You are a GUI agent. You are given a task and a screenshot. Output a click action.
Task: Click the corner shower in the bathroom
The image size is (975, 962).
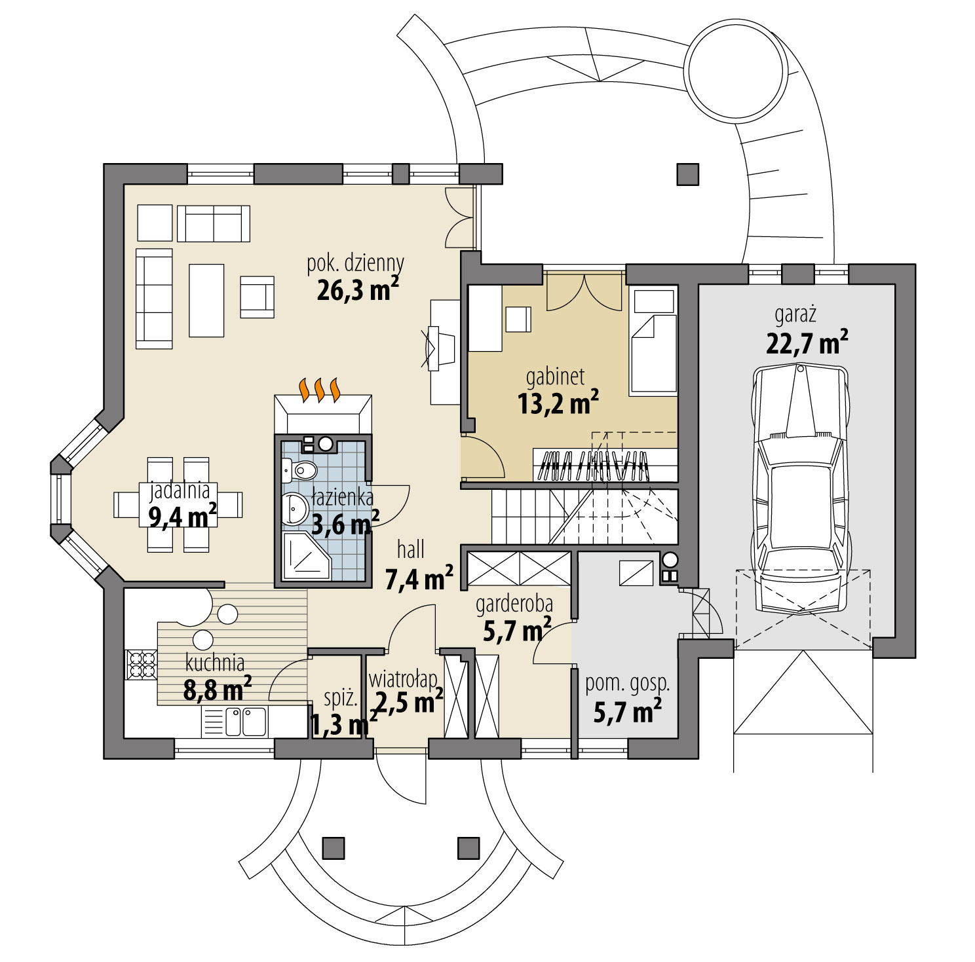(x=306, y=555)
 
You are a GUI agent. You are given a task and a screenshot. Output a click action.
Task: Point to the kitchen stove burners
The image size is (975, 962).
(x=141, y=665)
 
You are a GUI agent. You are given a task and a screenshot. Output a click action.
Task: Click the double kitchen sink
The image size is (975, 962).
(x=245, y=721)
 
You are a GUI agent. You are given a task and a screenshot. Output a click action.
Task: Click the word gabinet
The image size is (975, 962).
(x=555, y=377)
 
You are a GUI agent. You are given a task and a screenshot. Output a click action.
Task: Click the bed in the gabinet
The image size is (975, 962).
(x=653, y=354)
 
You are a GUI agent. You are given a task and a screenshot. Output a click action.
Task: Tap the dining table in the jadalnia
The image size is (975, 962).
(x=178, y=505)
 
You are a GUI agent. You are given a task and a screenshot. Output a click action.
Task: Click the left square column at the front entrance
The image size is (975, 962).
(x=334, y=847)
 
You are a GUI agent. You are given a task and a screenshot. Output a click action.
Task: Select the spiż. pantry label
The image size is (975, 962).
(x=341, y=699)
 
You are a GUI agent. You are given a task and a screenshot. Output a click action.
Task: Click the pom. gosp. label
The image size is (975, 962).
(x=627, y=683)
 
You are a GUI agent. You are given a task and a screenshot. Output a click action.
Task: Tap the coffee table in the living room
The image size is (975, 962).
(x=206, y=300)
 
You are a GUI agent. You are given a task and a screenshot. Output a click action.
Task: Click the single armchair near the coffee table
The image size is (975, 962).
(x=256, y=297)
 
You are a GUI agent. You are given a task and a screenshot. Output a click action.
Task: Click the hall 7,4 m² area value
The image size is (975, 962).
(x=419, y=578)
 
